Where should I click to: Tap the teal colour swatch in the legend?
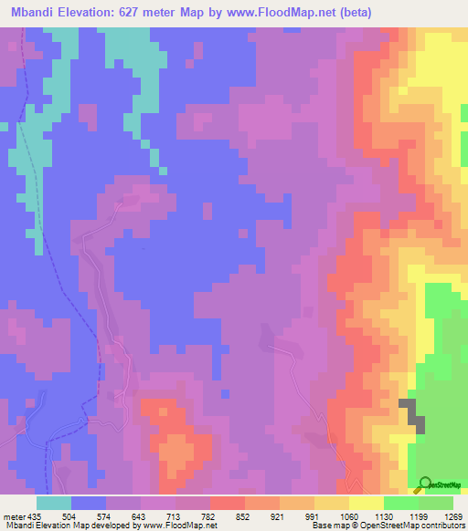tap(54, 503)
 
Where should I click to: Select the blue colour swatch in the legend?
tap(89, 503)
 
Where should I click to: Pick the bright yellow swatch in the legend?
tap(366, 503)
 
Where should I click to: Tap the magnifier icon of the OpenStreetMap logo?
tap(425, 484)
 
